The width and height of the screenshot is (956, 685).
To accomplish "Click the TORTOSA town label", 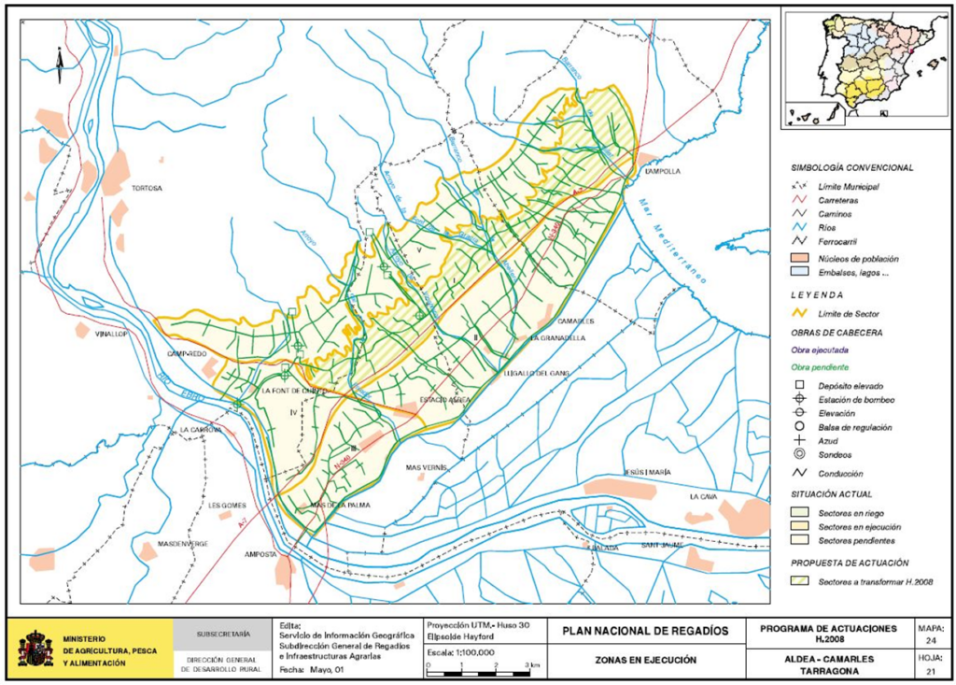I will (x=147, y=188).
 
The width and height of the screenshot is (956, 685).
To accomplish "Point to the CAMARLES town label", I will (x=576, y=321).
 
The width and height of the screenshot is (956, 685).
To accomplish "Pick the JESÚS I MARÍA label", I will (x=647, y=473).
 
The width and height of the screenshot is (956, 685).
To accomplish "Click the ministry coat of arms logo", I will (x=35, y=648).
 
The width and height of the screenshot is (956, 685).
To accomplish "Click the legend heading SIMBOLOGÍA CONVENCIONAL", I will (x=852, y=168).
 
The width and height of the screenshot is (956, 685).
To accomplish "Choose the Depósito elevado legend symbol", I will (x=799, y=386).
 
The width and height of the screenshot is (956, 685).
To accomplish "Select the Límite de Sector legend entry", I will (x=848, y=313).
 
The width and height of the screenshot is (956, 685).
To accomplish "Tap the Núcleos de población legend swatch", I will (x=799, y=257).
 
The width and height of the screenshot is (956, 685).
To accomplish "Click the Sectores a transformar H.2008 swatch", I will (x=799, y=582).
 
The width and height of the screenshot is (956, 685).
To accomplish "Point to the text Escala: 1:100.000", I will (x=460, y=652).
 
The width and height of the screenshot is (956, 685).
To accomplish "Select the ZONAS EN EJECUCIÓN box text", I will (x=646, y=660).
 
